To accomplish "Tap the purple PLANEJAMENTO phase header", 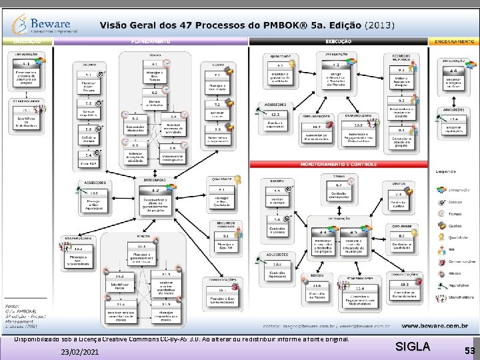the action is pos(153,41).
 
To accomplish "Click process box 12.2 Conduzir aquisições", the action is pos(275,119).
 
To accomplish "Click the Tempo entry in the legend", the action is pos(454,213).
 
